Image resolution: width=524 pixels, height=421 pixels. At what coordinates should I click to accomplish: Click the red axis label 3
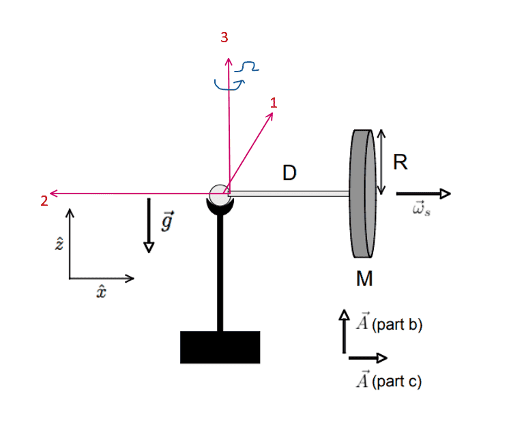pyautogui.click(x=224, y=38)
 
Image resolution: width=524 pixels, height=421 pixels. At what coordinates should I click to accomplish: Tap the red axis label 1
pyautogui.click(x=274, y=103)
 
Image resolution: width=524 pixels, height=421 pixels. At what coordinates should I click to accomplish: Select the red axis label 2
pyautogui.click(x=44, y=200)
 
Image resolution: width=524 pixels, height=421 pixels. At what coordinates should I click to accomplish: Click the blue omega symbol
pyautogui.click(x=246, y=67)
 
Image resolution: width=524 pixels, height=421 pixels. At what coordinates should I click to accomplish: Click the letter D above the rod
pyautogui.click(x=290, y=174)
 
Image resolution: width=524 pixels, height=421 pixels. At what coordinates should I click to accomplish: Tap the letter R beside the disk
pyautogui.click(x=401, y=161)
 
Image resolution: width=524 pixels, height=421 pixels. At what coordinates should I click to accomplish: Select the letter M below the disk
pyautogui.click(x=364, y=279)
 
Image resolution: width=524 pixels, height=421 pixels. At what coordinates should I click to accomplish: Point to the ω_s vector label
pyautogui.click(x=421, y=210)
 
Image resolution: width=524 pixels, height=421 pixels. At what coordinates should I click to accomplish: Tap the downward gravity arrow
pyautogui.click(x=149, y=225)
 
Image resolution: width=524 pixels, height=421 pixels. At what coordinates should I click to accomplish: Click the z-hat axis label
pyautogui.click(x=59, y=244)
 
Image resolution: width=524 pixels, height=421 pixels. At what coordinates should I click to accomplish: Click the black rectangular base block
pyautogui.click(x=220, y=347)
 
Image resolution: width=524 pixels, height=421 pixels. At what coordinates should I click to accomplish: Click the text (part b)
pyautogui.click(x=398, y=326)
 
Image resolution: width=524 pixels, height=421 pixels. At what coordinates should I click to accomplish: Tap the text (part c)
pyautogui.click(x=397, y=381)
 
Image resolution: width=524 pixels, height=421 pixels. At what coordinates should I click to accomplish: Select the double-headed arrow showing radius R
pyautogui.click(x=383, y=161)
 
